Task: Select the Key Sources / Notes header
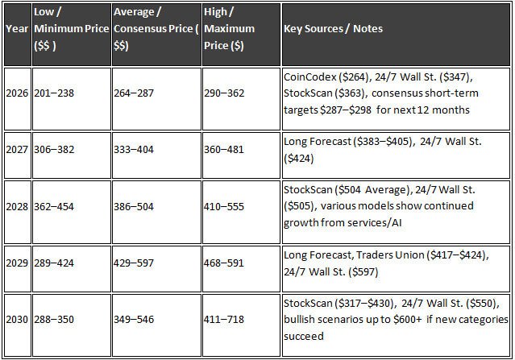(x=333, y=29)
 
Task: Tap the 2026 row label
(x=16, y=96)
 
